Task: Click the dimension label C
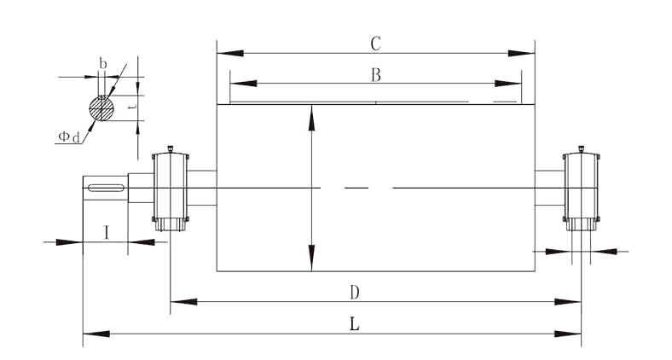click(x=375, y=43)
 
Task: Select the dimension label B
click(x=375, y=74)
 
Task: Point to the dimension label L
click(x=354, y=324)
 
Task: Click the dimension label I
click(x=106, y=231)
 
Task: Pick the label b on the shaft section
click(x=103, y=63)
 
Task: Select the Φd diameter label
click(x=69, y=136)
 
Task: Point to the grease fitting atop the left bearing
click(x=171, y=148)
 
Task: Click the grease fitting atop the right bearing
click(x=582, y=148)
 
